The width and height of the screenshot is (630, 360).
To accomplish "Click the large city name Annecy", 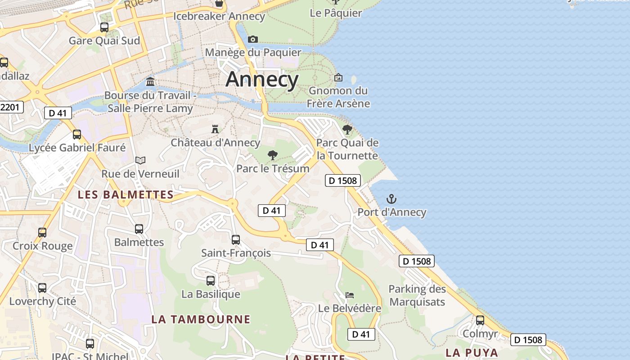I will (x=262, y=80).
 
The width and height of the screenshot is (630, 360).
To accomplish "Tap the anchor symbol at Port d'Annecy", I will (x=391, y=199).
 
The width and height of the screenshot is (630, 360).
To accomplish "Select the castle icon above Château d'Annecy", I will (x=215, y=129).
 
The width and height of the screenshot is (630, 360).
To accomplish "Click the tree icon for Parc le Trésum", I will (x=272, y=156).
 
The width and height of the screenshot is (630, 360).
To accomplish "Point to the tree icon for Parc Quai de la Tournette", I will (x=347, y=130).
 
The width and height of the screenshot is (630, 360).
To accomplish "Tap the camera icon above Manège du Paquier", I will (x=253, y=39).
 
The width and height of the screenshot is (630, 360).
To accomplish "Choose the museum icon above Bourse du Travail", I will (x=150, y=82).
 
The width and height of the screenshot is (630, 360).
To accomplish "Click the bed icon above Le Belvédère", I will (x=350, y=295).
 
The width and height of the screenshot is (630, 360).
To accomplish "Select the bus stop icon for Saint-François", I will (x=236, y=240).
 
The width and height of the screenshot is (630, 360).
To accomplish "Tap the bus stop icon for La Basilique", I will (x=211, y=281).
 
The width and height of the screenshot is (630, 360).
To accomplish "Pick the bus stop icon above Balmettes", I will (x=139, y=229).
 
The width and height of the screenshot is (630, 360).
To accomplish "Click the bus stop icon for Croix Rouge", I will (x=42, y=233).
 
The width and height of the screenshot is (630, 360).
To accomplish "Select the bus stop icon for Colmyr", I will (x=480, y=320).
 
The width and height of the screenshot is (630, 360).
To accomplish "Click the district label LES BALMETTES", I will (x=126, y=195).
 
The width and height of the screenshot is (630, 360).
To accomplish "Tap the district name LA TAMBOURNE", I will (x=201, y=319).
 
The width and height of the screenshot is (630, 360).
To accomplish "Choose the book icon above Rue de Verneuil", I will (x=140, y=160).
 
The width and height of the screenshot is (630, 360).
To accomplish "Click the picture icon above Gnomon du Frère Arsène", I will (x=338, y=77).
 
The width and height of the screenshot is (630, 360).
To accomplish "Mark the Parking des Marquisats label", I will (x=417, y=296).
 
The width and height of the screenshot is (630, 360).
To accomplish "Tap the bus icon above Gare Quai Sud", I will (x=104, y=27).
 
